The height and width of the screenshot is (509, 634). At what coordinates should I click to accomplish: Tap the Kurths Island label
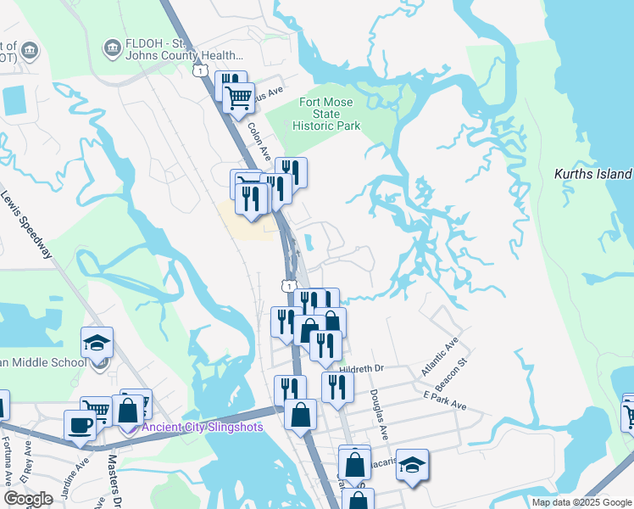point(592,175)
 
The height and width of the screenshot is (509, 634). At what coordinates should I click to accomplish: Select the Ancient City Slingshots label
point(202,426)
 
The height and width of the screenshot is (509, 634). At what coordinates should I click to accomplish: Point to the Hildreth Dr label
point(362,369)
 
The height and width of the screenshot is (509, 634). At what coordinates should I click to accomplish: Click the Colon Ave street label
point(259,137)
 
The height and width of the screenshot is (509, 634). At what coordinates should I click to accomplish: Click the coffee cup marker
point(81,425)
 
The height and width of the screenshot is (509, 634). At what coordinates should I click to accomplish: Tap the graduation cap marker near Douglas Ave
point(413,465)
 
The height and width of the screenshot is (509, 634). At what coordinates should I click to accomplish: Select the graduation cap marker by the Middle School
point(97,342)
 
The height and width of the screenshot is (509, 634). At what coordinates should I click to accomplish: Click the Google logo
point(28,499)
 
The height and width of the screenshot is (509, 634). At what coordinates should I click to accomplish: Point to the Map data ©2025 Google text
point(581,502)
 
